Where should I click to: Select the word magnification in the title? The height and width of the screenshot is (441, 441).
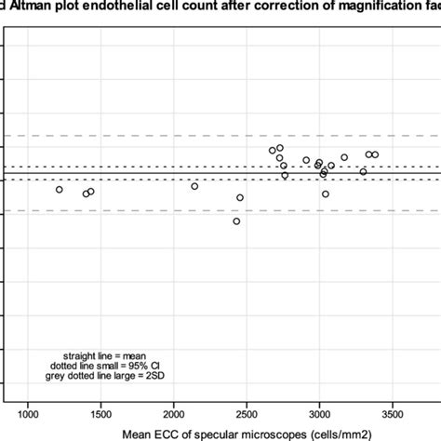pyautogui.click(x=366, y=8)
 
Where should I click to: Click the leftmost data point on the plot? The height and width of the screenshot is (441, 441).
pyautogui.click(x=60, y=190)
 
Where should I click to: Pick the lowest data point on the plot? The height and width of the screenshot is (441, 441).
pyautogui.click(x=236, y=221)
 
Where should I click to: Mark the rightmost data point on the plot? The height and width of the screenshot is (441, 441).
pyautogui.click(x=375, y=154)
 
